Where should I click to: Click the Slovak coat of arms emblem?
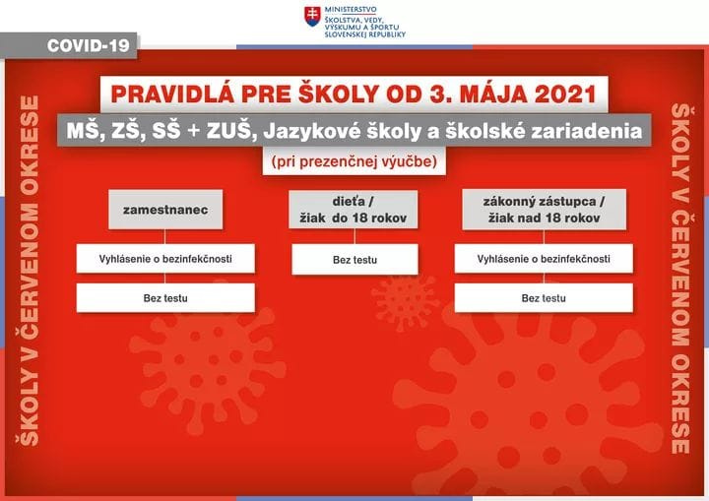(312, 17)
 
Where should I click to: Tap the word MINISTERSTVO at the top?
(351, 10)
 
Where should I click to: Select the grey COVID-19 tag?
(69, 45)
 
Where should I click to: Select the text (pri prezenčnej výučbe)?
(354, 161)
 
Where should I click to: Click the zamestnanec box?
(165, 210)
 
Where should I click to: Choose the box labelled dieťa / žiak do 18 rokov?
(354, 210)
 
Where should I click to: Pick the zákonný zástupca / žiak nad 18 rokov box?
(544, 210)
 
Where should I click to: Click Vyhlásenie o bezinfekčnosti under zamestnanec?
(165, 259)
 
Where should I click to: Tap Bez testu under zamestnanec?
(165, 298)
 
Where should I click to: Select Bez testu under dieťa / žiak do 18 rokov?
(354, 260)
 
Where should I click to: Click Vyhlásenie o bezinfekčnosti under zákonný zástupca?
(544, 259)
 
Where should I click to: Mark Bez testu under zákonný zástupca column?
(544, 298)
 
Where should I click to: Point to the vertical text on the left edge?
(29, 271)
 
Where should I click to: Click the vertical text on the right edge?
(680, 279)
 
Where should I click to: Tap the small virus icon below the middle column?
(404, 302)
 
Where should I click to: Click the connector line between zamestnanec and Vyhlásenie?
(165, 236)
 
